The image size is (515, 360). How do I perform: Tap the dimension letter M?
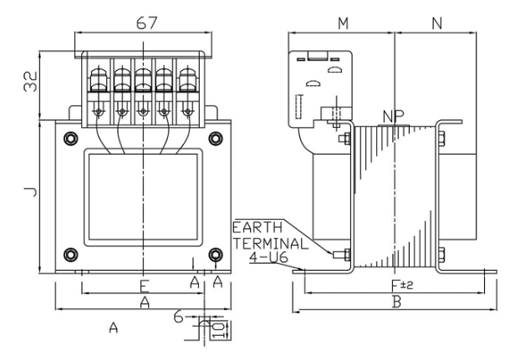(343, 23)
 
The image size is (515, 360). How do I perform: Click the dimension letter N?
(437, 23)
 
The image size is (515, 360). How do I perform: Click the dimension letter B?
(396, 302)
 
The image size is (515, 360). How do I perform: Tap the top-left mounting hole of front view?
(70, 139)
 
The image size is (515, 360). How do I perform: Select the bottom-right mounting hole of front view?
(215, 253)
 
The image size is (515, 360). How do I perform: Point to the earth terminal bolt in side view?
(340, 254)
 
